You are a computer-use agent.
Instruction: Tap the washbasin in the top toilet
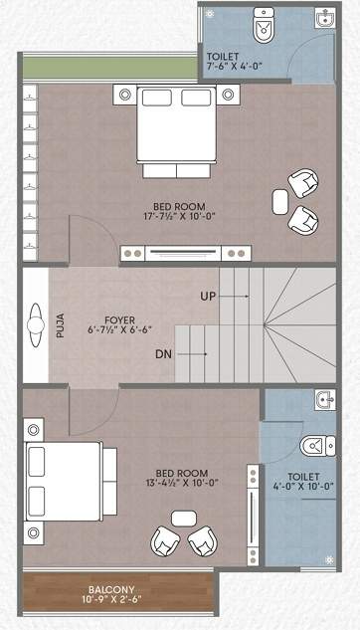click(x=324, y=19)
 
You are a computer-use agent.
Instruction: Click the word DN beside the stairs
click(x=166, y=353)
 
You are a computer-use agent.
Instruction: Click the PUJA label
click(x=60, y=325)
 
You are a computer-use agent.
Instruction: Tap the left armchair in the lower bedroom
click(x=166, y=541)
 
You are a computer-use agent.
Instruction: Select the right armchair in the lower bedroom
click(x=203, y=541)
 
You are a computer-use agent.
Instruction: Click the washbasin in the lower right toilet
click(x=323, y=401)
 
